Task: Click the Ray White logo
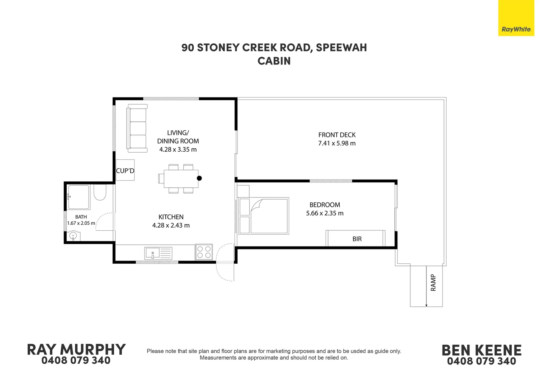tap(516, 18)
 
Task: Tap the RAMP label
tap(433, 283)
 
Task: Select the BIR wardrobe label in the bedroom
tap(357, 239)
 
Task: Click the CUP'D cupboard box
tap(125, 170)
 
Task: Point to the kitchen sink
tap(158, 253)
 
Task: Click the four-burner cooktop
tap(204, 252)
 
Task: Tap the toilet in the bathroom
tap(100, 192)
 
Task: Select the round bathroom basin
tap(73, 236)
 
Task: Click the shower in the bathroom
tap(78, 197)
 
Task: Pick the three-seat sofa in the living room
tap(137, 128)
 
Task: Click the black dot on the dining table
tap(199, 178)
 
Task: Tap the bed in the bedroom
tap(264, 216)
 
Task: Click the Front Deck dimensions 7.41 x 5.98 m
tap(337, 143)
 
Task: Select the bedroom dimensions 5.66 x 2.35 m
tap(325, 213)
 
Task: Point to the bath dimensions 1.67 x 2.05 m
tap(81, 223)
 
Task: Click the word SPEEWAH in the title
tap(341, 48)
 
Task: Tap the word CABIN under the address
tap(274, 61)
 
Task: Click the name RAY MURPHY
tap(76, 350)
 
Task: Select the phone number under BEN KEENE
tap(481, 361)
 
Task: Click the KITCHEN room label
tap(171, 217)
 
